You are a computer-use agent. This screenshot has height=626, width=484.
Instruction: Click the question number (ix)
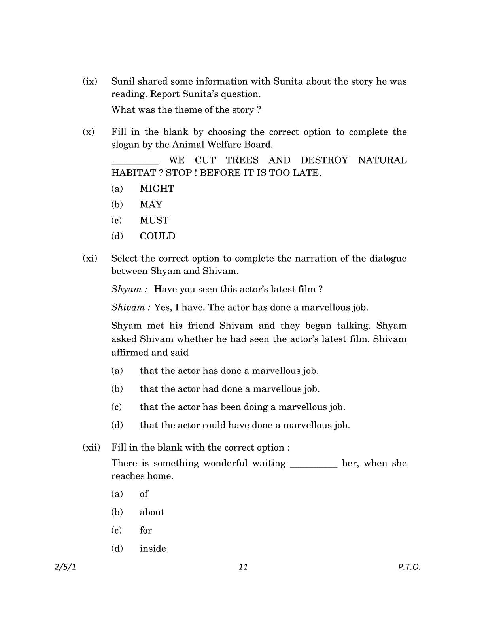(x=90, y=81)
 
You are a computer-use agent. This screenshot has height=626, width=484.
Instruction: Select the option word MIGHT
(x=157, y=189)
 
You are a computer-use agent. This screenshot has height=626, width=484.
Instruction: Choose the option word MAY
(x=151, y=205)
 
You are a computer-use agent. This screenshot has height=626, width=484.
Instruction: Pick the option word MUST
(x=154, y=221)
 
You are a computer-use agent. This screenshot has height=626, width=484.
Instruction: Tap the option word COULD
(x=157, y=236)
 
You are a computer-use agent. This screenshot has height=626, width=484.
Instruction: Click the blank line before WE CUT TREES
(x=135, y=162)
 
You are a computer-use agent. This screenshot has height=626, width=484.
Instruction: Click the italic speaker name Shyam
(x=128, y=289)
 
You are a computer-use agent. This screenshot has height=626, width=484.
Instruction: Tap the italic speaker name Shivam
(x=130, y=307)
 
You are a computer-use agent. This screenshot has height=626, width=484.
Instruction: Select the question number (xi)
(x=90, y=258)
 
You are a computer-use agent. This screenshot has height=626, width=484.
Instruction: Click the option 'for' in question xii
(x=146, y=530)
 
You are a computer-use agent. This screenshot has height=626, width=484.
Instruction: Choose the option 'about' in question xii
(x=152, y=512)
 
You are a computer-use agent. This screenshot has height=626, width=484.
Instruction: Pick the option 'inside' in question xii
(x=153, y=549)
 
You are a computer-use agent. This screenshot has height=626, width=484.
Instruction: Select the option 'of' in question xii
(x=144, y=494)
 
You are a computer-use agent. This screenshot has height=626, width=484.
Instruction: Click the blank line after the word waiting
(x=314, y=465)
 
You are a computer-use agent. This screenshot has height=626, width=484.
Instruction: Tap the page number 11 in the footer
(x=243, y=567)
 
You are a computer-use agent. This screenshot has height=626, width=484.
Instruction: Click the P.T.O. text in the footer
(x=409, y=567)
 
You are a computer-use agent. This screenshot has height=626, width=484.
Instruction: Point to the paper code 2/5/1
(x=65, y=567)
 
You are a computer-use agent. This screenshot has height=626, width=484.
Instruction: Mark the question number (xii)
(x=91, y=447)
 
